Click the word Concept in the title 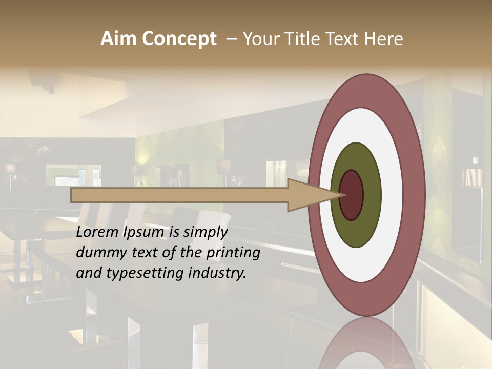pos(179,39)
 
